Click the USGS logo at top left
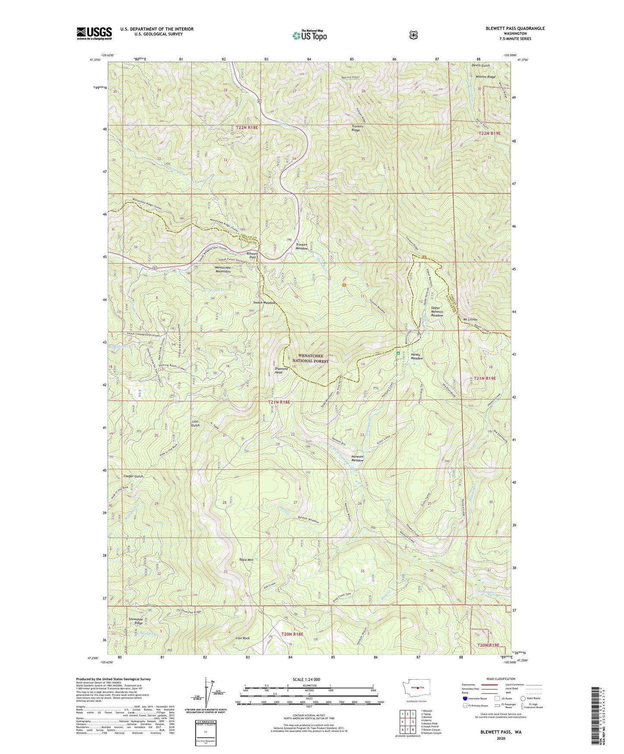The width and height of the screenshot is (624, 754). [x=94, y=33]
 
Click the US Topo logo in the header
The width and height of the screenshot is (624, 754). [x=309, y=36]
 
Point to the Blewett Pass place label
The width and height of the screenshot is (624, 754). [x=251, y=255]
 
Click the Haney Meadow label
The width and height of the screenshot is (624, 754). [x=417, y=356]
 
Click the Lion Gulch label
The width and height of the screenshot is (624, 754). [x=196, y=423]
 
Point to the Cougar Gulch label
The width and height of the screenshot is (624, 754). [x=133, y=476]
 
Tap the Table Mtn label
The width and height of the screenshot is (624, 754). [x=246, y=560]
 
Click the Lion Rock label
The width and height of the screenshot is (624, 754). [x=242, y=638]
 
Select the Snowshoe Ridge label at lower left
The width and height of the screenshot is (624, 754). [x=135, y=621]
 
